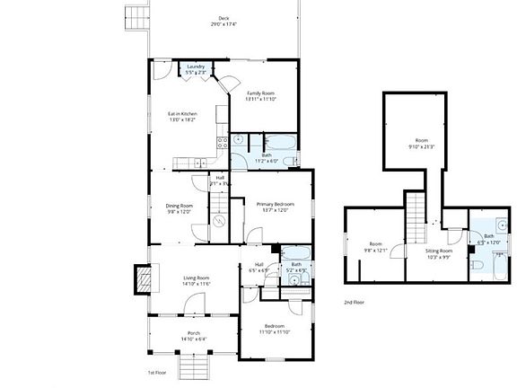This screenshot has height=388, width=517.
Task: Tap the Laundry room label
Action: pyautogui.click(x=196, y=68)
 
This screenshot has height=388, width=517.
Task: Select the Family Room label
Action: pyautogui.click(x=260, y=95)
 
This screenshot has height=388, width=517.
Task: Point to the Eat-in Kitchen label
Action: pyautogui.click(x=183, y=117)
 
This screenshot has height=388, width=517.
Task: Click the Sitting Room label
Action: pyautogui.click(x=439, y=253)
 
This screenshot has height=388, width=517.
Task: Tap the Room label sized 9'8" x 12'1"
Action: pyautogui.click(x=376, y=247)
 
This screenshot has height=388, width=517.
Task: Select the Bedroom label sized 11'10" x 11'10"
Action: pyautogui.click(x=274, y=329)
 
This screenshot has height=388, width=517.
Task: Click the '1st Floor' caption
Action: pyautogui.click(x=158, y=372)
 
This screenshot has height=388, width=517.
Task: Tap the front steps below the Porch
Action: pyautogui.click(x=192, y=366)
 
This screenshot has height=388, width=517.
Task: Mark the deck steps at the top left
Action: pyautogui.click(x=135, y=16)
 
